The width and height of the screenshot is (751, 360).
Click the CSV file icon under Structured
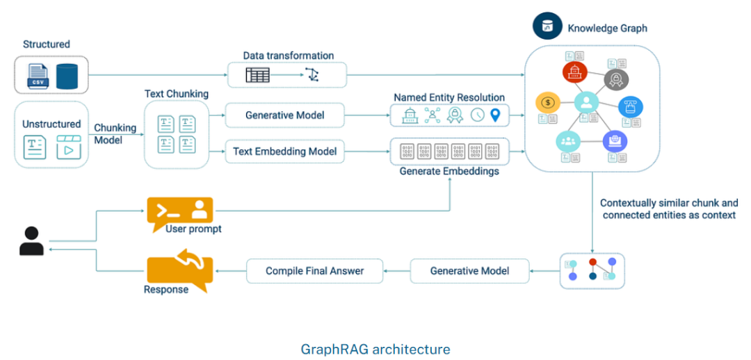(x=38, y=75)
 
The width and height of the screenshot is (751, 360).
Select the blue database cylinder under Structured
(x=67, y=75)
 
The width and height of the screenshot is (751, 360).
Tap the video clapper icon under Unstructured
(x=68, y=148)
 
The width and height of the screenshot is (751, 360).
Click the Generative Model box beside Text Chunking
(x=285, y=115)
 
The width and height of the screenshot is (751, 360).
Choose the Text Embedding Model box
(x=285, y=151)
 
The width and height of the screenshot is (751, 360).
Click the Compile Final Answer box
(x=314, y=270)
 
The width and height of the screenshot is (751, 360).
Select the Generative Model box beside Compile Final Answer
(x=469, y=270)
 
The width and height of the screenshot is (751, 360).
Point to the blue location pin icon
(x=495, y=115)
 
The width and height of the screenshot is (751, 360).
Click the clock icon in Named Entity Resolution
(x=477, y=115)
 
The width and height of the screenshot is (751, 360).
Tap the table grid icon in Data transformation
(x=257, y=74)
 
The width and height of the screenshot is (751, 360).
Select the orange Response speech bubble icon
(x=179, y=271)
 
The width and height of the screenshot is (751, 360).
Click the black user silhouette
(x=31, y=241)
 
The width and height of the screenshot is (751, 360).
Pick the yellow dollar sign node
(x=548, y=103)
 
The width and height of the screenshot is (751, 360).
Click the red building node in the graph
(x=575, y=72)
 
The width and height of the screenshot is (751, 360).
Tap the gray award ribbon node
(x=616, y=80)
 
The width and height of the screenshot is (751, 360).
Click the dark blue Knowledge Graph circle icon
(x=547, y=26)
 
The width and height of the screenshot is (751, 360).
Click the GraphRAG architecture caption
(x=375, y=349)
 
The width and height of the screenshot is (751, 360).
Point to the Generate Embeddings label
(x=449, y=171)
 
